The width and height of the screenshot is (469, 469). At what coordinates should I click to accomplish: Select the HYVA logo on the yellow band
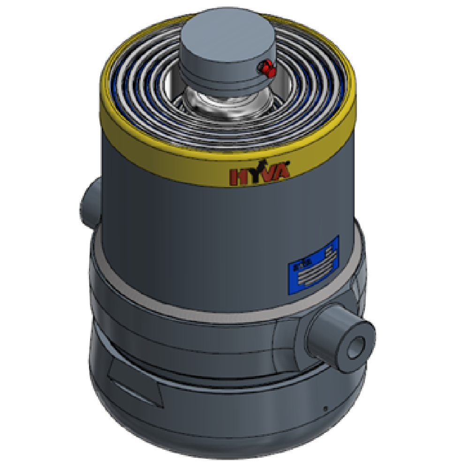[259, 173]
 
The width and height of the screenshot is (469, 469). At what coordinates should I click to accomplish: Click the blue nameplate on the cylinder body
[313, 265]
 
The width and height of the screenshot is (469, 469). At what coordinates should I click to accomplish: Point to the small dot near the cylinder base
[325, 408]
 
